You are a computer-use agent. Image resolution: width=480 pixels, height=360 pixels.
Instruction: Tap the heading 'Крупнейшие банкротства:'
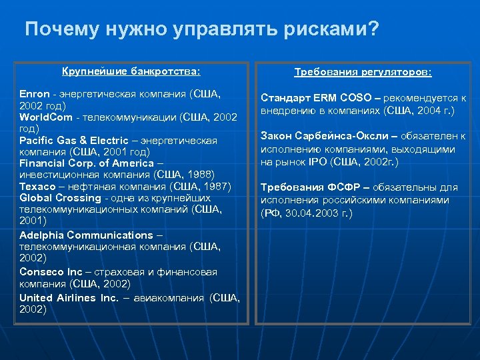pyautogui.click(x=131, y=71)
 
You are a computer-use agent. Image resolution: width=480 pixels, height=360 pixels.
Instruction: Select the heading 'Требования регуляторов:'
pyautogui.click(x=363, y=72)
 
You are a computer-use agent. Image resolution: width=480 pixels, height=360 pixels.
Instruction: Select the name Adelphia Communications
pyautogui.click(x=86, y=235)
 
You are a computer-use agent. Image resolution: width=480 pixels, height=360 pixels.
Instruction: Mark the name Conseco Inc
pyautogui.click(x=51, y=272)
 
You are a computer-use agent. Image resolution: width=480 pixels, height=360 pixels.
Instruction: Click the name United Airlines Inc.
pyautogui.click(x=68, y=298)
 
